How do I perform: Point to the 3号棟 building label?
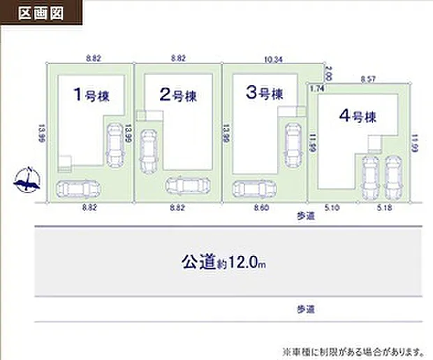(263, 93)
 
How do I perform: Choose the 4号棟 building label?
(358, 117)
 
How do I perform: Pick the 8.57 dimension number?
(368, 80)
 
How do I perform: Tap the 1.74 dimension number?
(317, 89)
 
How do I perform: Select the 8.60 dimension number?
(261, 208)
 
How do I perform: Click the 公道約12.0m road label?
(224, 263)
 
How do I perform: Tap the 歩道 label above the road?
(306, 217)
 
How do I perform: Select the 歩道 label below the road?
(306, 308)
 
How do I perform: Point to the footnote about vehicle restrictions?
(353, 350)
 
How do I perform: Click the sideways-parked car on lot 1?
(78, 189)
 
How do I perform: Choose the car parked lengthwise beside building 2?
(148, 151)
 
